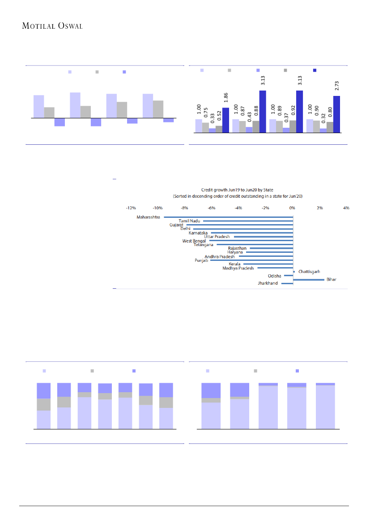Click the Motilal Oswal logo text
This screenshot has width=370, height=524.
pyautogui.click(x=52, y=26)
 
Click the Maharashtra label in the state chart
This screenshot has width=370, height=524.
pyautogui.click(x=148, y=217)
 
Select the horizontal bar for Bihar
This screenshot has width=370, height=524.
pyautogui.click(x=308, y=280)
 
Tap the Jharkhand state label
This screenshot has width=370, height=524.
pyautogui.click(x=268, y=283)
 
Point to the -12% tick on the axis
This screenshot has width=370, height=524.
pyautogui.click(x=131, y=208)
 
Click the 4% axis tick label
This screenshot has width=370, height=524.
pyautogui.click(x=346, y=208)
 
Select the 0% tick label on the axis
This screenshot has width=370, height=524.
pyautogui.click(x=292, y=208)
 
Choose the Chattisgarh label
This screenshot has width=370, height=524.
pyautogui.click(x=309, y=272)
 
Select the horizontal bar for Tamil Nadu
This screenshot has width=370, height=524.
pyautogui.click(x=248, y=221)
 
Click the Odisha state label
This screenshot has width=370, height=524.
pyautogui.click(x=274, y=276)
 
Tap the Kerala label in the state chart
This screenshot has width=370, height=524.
pyautogui.click(x=234, y=264)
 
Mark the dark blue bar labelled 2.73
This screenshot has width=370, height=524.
pyautogui.click(x=336, y=114)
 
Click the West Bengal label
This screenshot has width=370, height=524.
pyautogui.click(x=194, y=241)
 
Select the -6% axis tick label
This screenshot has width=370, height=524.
pyautogui.click(x=212, y=208)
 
